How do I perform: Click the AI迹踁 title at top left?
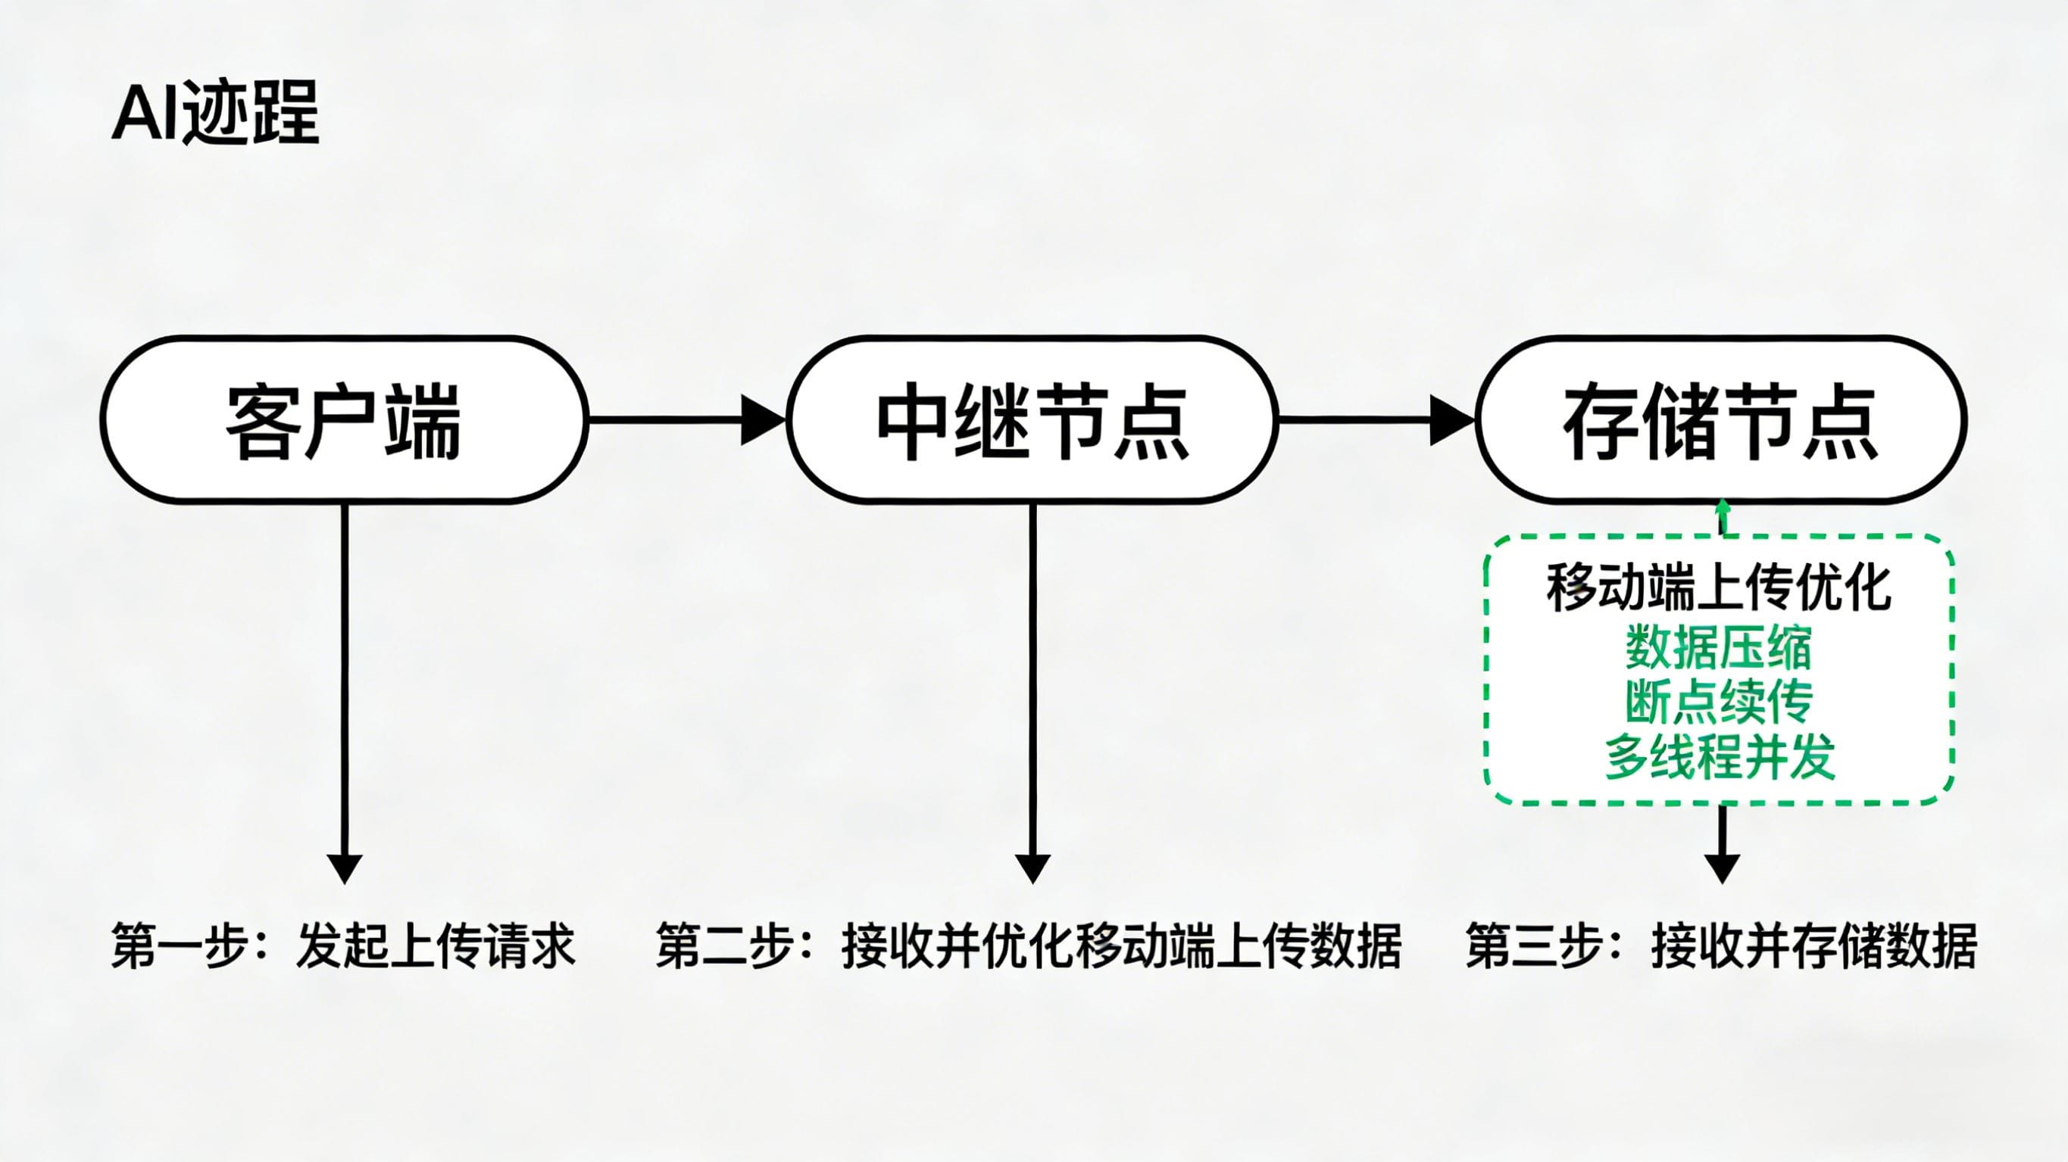click(215, 113)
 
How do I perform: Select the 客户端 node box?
click(345, 419)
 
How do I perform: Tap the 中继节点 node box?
click(1032, 419)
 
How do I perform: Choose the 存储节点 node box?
click(1720, 419)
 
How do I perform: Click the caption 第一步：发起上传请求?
click(344, 946)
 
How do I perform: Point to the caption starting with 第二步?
click(1029, 946)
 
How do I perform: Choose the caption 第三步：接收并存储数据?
click(1721, 946)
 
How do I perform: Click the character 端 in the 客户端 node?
click(423, 423)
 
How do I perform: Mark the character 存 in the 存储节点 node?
click(1601, 423)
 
